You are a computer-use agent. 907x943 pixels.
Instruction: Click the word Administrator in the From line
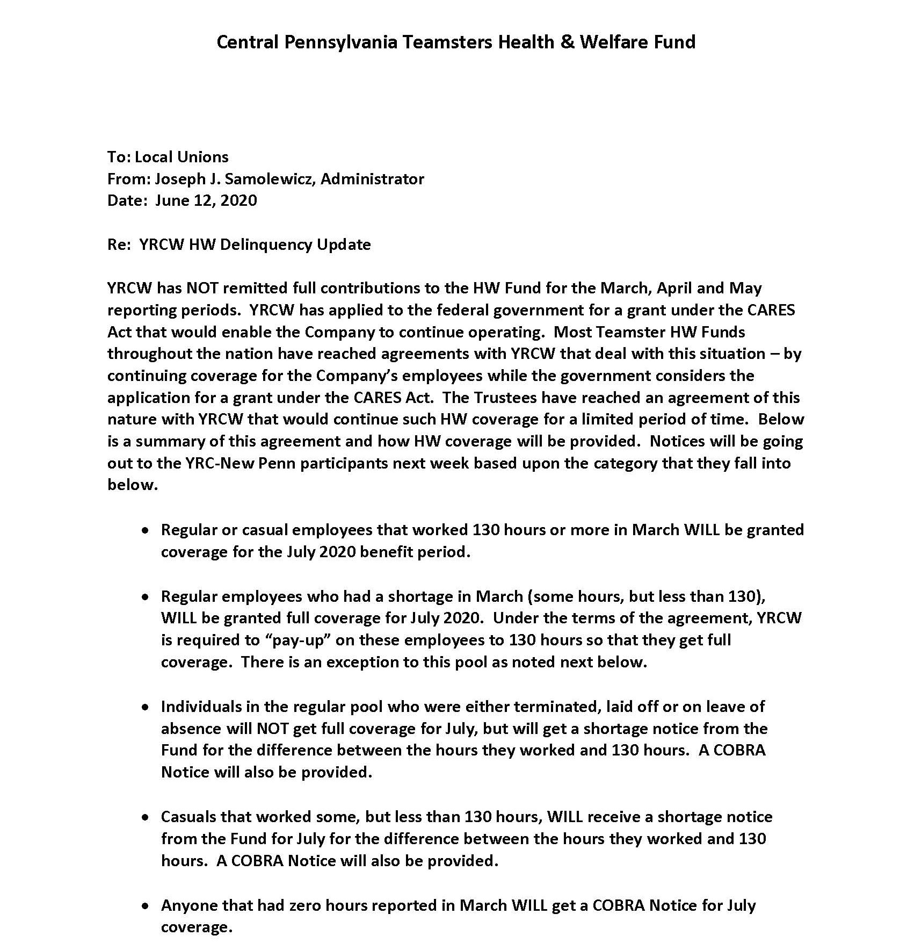372,179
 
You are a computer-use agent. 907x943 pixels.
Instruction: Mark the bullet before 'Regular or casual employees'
145,530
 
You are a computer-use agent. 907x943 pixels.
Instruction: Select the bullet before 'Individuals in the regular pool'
145,707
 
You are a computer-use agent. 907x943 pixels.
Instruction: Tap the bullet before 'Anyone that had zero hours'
145,906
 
